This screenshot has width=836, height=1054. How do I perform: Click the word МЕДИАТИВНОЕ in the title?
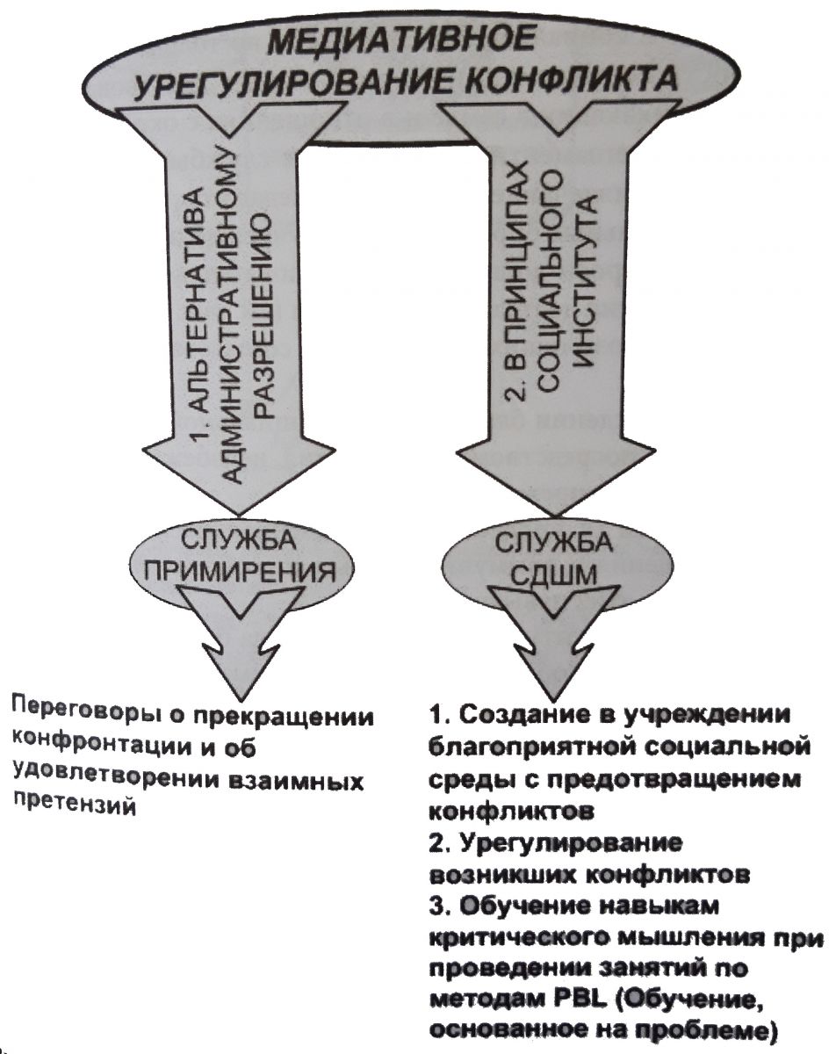[x=401, y=41]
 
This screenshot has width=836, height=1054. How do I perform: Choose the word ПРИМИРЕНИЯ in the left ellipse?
[x=241, y=572]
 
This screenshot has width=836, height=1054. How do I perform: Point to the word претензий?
[x=75, y=803]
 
